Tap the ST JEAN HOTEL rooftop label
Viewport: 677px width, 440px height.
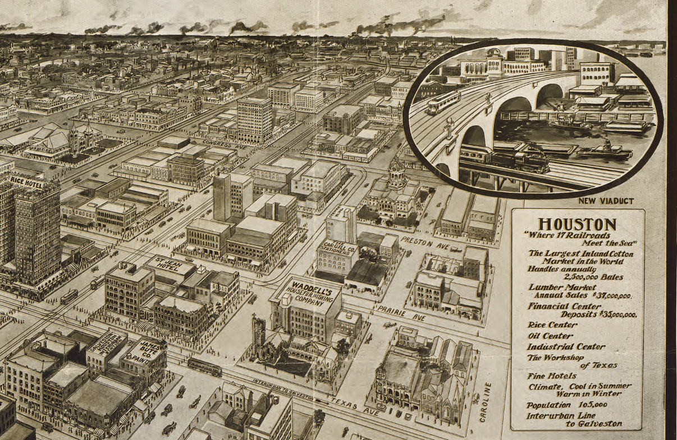[168, 266]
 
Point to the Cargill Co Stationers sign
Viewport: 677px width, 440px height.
[337, 249]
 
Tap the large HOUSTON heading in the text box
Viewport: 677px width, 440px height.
[577, 224]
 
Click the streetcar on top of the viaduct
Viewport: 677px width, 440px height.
[442, 103]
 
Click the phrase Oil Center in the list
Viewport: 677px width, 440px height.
[550, 336]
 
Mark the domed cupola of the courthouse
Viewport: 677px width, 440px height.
[396, 166]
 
